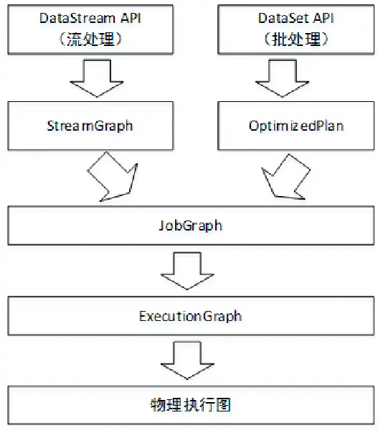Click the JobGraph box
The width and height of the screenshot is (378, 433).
tap(190, 225)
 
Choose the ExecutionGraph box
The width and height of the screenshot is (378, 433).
tap(190, 316)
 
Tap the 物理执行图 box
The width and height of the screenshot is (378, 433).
tap(190, 406)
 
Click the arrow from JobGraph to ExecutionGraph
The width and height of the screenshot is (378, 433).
tap(190, 271)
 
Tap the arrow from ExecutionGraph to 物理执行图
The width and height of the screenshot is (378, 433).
tap(190, 361)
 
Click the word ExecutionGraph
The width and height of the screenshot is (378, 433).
tap(190, 316)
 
